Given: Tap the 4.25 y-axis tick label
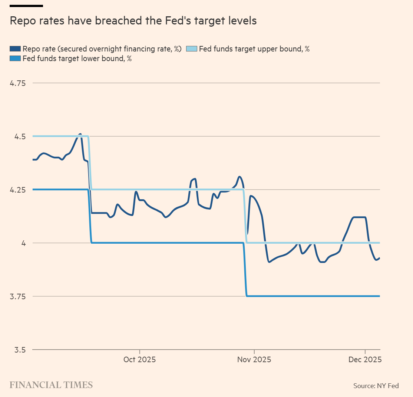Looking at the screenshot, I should (x=17, y=190).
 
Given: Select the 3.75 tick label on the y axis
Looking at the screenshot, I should (x=17, y=297).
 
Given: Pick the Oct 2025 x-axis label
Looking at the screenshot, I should (x=140, y=360).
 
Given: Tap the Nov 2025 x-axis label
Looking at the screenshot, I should (x=254, y=360).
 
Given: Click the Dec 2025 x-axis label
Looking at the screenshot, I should (x=366, y=360).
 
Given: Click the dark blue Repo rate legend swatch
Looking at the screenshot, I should (x=15, y=49).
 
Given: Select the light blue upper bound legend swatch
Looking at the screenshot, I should (x=191, y=49).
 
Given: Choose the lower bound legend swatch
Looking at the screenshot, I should (x=15, y=59).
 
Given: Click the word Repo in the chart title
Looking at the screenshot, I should (x=22, y=21).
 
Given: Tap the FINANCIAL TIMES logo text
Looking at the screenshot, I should (x=51, y=385).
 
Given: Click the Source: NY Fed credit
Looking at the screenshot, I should (x=376, y=386).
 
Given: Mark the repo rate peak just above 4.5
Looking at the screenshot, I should (x=80, y=134).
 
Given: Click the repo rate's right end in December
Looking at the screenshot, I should (x=380, y=258).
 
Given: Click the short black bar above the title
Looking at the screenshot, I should (x=26, y=6).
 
